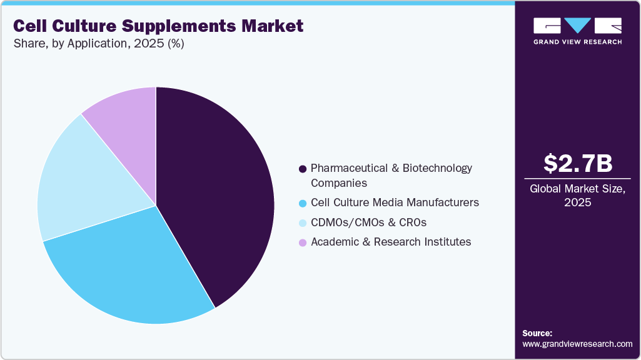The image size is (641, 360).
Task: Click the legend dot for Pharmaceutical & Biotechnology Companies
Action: [x=303, y=169]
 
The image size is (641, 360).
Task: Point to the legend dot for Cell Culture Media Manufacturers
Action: [x=303, y=203]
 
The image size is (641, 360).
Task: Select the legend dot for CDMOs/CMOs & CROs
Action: [x=303, y=222]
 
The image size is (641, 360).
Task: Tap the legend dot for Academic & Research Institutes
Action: [x=303, y=242]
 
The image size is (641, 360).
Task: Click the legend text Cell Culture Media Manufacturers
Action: [x=395, y=202]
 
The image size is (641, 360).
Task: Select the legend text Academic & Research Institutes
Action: [x=391, y=241]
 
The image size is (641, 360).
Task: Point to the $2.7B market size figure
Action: [x=577, y=163]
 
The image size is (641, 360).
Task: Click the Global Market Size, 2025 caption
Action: [x=577, y=195]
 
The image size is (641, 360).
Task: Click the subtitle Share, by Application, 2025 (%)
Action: [x=98, y=44]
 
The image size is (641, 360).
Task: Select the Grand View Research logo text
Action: [x=577, y=42]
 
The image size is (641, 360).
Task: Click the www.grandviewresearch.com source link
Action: [x=577, y=344]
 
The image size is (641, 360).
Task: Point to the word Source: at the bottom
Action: [x=537, y=333]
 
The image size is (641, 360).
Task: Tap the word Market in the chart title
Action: [x=274, y=26]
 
